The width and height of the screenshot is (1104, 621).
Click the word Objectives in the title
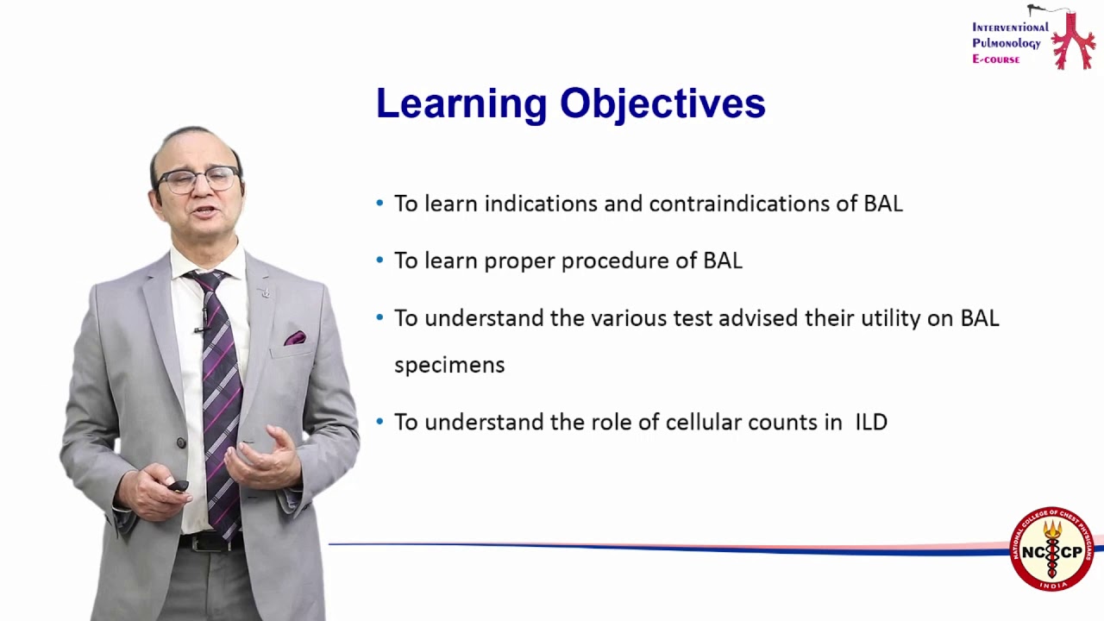point(662,104)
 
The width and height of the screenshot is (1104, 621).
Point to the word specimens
point(448,366)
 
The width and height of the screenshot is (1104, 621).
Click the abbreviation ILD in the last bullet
point(871,423)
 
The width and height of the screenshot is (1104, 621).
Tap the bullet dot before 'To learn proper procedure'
point(380,260)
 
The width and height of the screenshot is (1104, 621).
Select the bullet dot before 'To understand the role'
point(380,422)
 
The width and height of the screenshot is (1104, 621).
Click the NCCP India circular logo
point(1051,549)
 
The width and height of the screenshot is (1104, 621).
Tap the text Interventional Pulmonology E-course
point(1009,43)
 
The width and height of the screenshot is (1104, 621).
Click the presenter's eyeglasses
point(198,179)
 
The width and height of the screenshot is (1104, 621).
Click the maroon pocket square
point(294,338)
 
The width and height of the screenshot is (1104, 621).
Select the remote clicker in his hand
point(177,486)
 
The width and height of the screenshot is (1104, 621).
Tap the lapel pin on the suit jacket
point(266,292)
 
